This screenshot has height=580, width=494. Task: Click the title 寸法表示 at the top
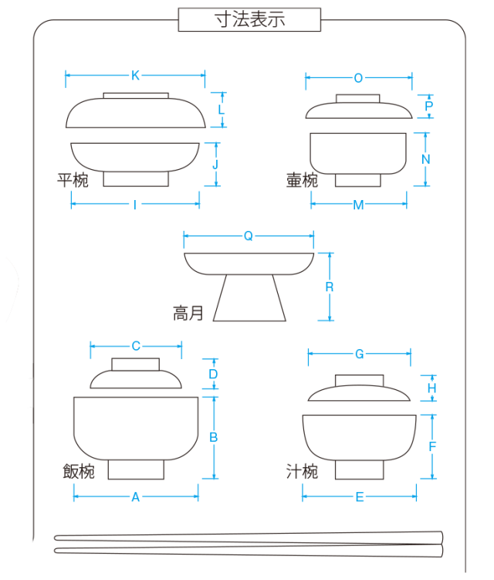click(249, 20)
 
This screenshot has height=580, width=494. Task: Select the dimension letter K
click(135, 75)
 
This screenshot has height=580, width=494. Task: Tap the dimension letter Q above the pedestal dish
click(248, 236)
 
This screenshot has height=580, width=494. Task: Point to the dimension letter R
click(330, 287)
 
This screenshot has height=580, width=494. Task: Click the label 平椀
click(73, 181)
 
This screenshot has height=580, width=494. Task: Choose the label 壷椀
click(302, 181)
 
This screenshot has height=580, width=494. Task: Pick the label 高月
click(188, 313)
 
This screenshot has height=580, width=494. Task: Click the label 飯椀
click(79, 471)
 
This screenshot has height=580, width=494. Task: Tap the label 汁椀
click(302, 471)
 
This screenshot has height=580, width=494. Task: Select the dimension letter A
click(135, 498)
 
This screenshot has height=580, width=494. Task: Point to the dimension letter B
click(214, 437)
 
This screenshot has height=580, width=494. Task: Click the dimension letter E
click(359, 498)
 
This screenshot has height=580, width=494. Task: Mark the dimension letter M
click(358, 205)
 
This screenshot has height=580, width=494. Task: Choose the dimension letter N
click(425, 159)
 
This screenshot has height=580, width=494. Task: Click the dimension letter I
click(135, 205)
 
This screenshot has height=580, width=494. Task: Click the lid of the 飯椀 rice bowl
click(136, 375)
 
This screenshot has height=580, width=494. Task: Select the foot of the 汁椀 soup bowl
click(359, 469)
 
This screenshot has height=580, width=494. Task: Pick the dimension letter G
click(359, 354)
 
